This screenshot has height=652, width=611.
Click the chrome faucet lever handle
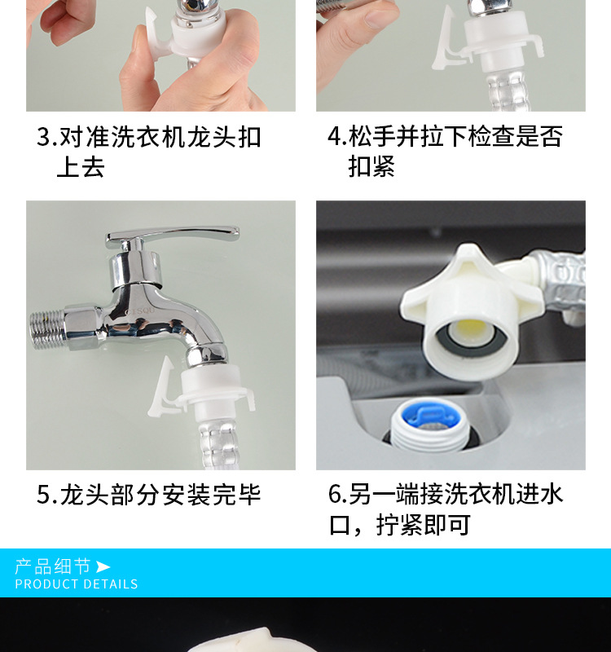coord(170,236)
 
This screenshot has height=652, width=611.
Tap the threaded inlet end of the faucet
coord(46,330)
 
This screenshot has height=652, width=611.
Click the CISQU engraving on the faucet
coord(139,311)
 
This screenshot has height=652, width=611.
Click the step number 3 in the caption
coord(44,136)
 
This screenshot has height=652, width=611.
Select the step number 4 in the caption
coord(335,136)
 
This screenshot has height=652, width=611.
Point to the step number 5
coord(44,495)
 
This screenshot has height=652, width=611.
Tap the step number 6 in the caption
coord(335,494)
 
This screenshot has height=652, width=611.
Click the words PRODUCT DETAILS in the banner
coord(77,584)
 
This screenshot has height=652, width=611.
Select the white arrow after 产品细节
coord(103,566)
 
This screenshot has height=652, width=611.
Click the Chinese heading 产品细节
coord(52,566)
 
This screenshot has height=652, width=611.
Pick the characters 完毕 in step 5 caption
coord(236,495)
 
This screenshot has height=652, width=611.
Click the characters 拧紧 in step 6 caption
coord(399,525)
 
